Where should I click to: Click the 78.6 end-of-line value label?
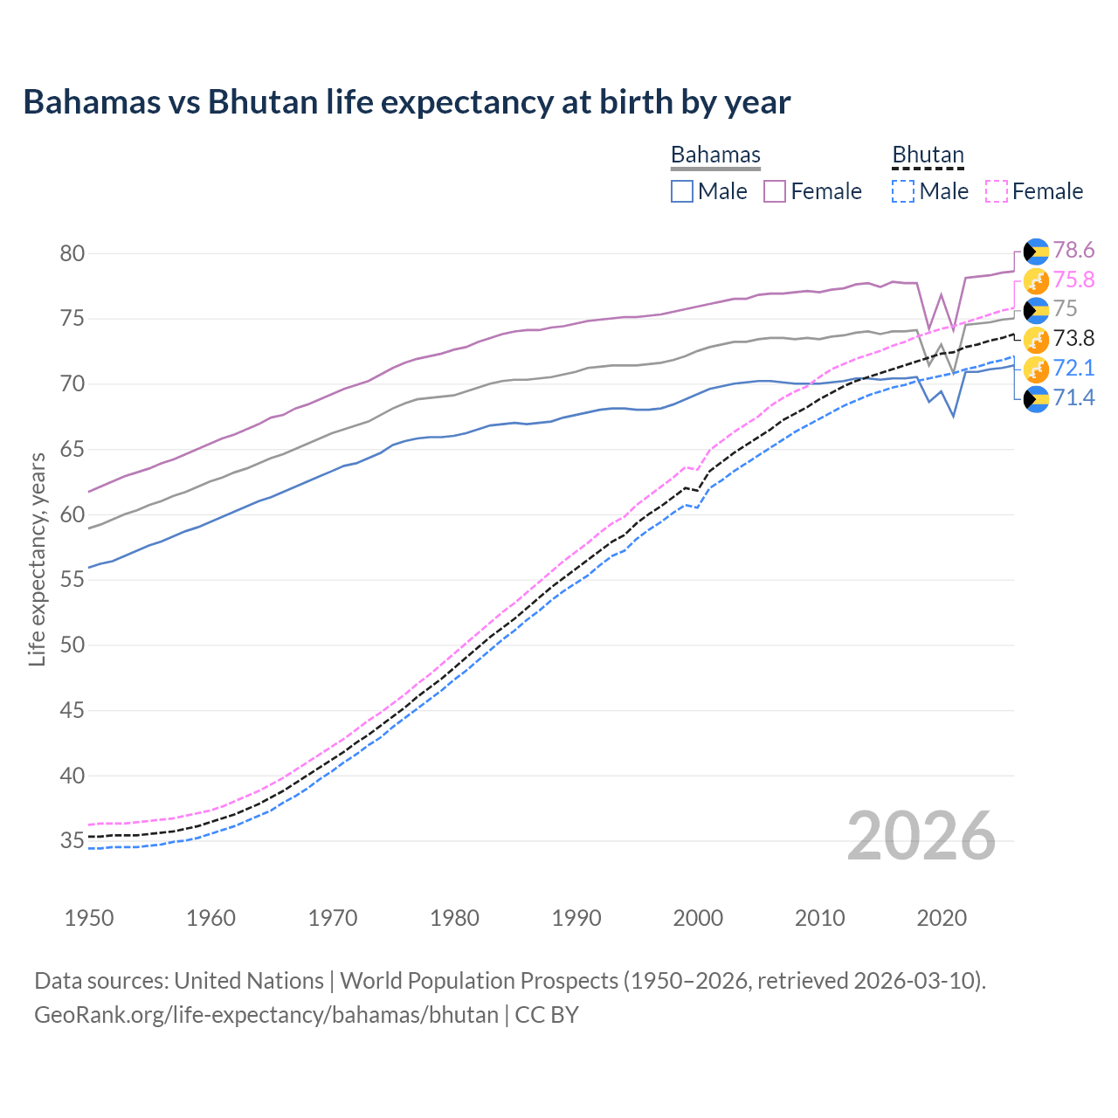pyautogui.click(x=1073, y=251)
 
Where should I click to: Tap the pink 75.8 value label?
pyautogui.click(x=1073, y=279)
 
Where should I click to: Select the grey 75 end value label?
pyautogui.click(x=1065, y=309)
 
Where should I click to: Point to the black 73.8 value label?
pyautogui.click(x=1073, y=339)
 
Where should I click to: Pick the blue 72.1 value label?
pyautogui.click(x=1073, y=368)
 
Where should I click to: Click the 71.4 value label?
pyautogui.click(x=1073, y=398)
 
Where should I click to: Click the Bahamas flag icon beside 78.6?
pyautogui.click(x=1036, y=252)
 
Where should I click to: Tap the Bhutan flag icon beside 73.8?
pyautogui.click(x=1036, y=339)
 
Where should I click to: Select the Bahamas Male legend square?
pyautogui.click(x=682, y=191)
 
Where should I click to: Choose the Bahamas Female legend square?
pyautogui.click(x=775, y=191)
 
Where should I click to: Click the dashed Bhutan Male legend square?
pyautogui.click(x=903, y=191)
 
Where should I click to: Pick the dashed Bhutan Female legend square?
pyautogui.click(x=997, y=191)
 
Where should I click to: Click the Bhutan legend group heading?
pyautogui.click(x=928, y=155)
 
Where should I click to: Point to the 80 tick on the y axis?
pyautogui.click(x=72, y=254)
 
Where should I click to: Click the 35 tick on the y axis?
pyautogui.click(x=72, y=841)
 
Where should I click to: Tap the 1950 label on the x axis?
pyautogui.click(x=89, y=918)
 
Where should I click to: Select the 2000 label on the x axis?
pyautogui.click(x=698, y=918)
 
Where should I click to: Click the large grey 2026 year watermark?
pyautogui.click(x=921, y=836)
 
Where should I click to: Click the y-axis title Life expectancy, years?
pyautogui.click(x=37, y=559)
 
